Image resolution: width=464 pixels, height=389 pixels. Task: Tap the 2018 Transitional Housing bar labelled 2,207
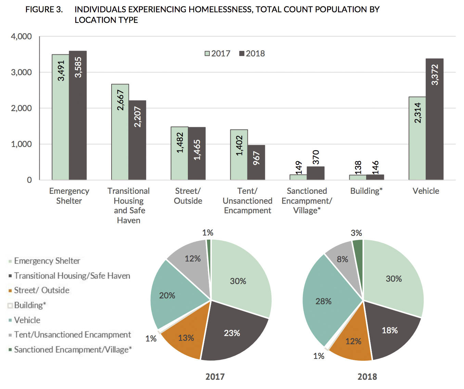[x=138, y=140]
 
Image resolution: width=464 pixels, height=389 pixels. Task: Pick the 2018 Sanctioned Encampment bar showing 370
[x=315, y=173]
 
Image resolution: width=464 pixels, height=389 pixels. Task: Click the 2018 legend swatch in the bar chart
[x=242, y=54]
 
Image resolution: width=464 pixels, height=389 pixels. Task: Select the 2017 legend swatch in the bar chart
[x=207, y=54]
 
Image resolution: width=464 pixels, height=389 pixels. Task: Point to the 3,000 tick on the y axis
[x=21, y=72]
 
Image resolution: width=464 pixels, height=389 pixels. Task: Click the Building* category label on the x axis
[x=366, y=191]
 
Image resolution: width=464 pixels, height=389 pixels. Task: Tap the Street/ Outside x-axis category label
[x=188, y=196]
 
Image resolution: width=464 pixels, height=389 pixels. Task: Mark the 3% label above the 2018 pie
[x=356, y=233]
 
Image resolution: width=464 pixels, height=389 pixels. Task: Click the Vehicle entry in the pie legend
[x=27, y=320]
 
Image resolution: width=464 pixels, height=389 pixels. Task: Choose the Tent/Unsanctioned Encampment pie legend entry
[x=72, y=335]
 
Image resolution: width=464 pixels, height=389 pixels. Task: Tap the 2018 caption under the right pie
[x=367, y=377]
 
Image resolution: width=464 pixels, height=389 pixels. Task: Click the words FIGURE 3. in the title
[x=44, y=10]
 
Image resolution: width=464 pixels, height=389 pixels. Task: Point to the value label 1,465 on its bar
[x=197, y=150]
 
